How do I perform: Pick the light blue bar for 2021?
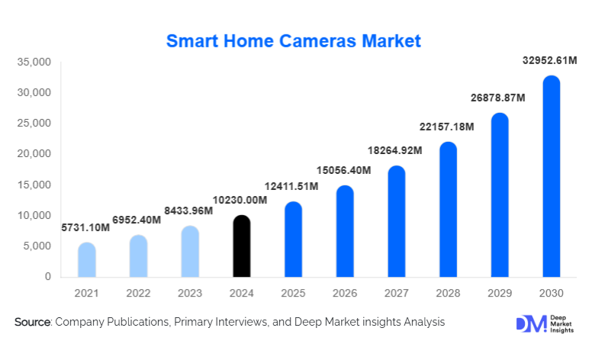click(x=87, y=260)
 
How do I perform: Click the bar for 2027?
click(x=396, y=221)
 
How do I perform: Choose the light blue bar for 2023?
click(x=190, y=252)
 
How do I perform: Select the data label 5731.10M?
click(x=85, y=227)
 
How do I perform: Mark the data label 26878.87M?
click(x=500, y=98)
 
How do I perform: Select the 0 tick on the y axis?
click(x=47, y=277)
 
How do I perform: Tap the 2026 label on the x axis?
click(x=344, y=294)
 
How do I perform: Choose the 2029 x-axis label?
click(x=499, y=294)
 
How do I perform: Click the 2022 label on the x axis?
click(x=138, y=294)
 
